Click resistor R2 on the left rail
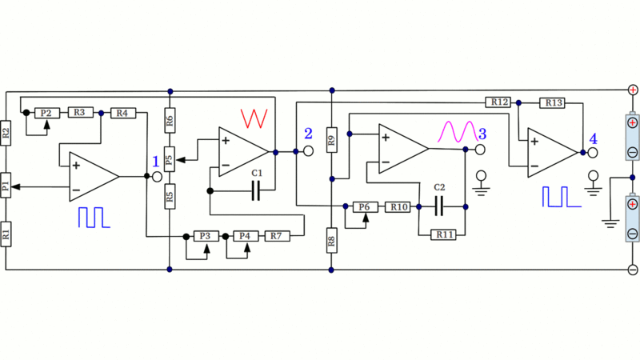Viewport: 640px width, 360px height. pyautogui.click(x=6, y=134)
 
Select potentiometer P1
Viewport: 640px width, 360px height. pyautogui.click(x=6, y=186)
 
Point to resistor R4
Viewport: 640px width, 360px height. pyautogui.click(x=122, y=113)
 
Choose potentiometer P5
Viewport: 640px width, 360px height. pyautogui.click(x=169, y=159)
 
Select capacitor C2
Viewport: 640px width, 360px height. pyautogui.click(x=439, y=207)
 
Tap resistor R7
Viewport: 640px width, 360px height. pyautogui.click(x=275, y=236)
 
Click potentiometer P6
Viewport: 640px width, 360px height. pyautogui.click(x=365, y=207)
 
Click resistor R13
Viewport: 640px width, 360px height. pyautogui.click(x=554, y=102)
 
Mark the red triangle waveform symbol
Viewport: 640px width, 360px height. pyautogui.click(x=254, y=118)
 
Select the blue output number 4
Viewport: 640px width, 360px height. pyautogui.click(x=593, y=138)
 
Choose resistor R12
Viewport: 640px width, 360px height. pyautogui.click(x=498, y=102)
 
